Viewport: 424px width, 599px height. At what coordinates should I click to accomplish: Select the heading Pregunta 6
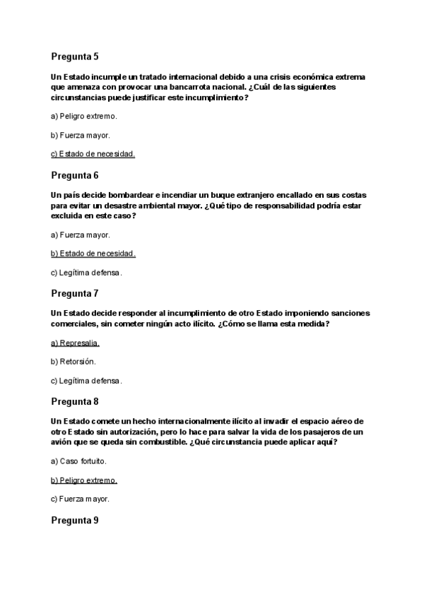[x=75, y=174]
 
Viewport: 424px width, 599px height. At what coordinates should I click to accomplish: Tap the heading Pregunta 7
[x=75, y=292]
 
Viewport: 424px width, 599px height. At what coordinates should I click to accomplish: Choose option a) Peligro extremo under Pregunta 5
[x=84, y=115]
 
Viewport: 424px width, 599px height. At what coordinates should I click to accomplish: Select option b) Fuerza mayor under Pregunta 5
[x=81, y=134]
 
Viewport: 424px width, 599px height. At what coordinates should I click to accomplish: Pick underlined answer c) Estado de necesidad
[x=93, y=153]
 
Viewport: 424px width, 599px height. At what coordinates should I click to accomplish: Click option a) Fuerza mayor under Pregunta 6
[x=81, y=235]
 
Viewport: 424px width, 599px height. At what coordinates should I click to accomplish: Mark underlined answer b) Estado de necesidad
[x=93, y=253]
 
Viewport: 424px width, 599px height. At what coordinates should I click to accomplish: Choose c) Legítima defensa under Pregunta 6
[x=86, y=272]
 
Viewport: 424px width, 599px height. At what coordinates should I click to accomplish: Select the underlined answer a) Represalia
[x=76, y=343]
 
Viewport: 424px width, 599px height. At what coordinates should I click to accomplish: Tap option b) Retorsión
[x=73, y=362]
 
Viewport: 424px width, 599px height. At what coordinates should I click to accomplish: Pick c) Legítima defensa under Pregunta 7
[x=86, y=381]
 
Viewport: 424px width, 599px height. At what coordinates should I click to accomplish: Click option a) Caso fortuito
[x=79, y=461]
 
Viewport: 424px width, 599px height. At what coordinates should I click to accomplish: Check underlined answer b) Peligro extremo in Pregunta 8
[x=84, y=480]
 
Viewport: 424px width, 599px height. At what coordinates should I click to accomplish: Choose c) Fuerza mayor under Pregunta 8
[x=81, y=499]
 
